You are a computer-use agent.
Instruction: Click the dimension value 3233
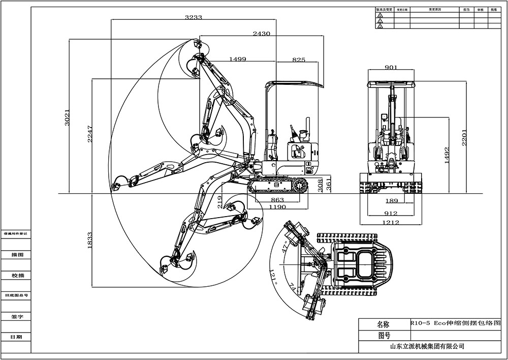194,17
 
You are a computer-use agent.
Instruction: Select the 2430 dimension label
261,33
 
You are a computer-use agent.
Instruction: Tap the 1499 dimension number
238,59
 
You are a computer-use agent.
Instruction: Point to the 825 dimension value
299,60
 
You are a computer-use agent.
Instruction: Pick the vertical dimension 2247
90,134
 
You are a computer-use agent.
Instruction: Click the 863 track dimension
277,200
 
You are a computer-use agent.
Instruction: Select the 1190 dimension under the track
277,207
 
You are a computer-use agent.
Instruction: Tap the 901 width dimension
391,67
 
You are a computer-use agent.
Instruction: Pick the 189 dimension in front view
391,200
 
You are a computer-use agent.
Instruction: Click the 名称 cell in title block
384,324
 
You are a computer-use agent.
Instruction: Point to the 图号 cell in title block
384,335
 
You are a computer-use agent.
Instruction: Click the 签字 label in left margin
17,316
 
